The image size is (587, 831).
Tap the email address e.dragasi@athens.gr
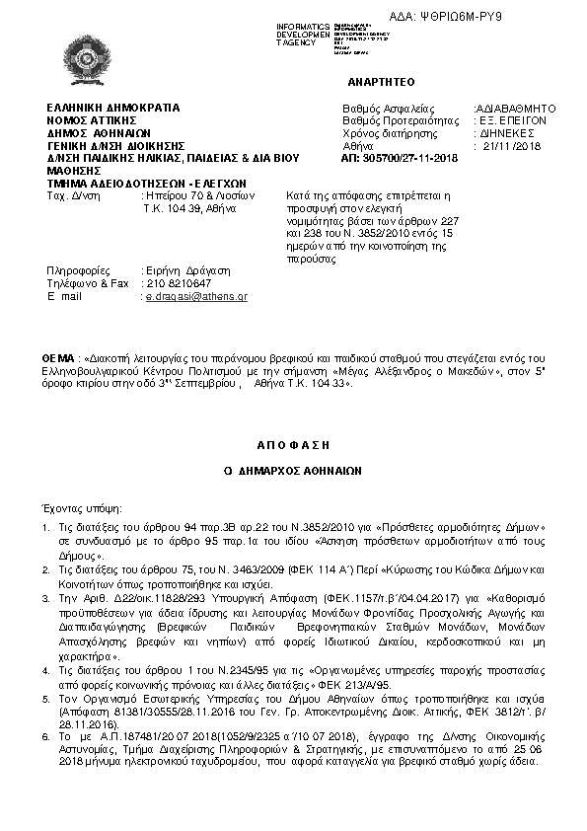click(196, 296)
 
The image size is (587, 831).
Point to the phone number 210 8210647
click(178, 283)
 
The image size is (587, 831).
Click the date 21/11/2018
click(507, 146)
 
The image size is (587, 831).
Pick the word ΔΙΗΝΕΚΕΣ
click(507, 133)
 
